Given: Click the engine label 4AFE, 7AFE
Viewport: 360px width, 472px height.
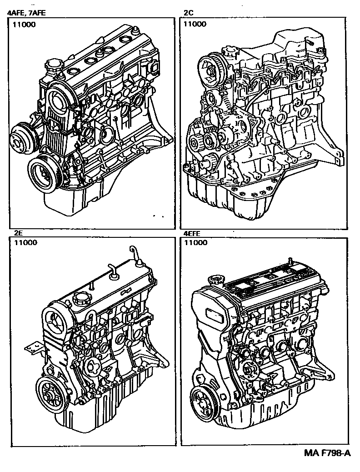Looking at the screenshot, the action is coord(26,13).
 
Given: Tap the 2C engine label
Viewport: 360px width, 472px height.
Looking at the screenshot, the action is coord(189,13).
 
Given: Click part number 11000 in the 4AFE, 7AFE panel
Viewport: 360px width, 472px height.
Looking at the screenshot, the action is coord(24,25).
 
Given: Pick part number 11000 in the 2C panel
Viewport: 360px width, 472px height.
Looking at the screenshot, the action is coord(195,24).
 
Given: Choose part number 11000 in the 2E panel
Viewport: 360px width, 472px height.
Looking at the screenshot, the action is coord(25,243).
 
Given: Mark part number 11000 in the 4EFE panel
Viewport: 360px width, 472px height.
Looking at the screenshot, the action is coord(195,243).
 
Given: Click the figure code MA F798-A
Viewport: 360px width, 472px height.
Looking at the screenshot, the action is coord(327,453).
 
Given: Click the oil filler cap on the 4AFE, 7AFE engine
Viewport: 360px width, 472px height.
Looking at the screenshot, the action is coord(53,66).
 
